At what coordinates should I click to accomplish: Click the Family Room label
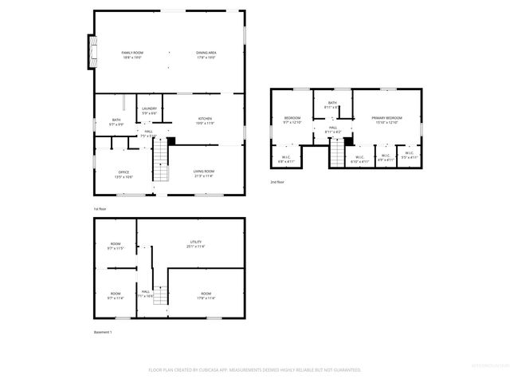coord(132,54)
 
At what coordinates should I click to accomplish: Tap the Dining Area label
coord(206,54)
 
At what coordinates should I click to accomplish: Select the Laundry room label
coord(149,112)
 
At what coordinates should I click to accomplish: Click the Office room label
coord(124,173)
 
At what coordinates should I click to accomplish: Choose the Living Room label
coord(204,173)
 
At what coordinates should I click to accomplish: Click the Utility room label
coord(195,244)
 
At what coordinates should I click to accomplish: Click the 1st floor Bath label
coord(116,121)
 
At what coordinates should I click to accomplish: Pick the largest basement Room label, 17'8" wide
coord(206,296)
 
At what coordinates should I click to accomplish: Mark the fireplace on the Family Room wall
coord(92,51)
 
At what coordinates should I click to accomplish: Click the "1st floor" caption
coord(100,209)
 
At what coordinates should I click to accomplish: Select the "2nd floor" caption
coord(277,182)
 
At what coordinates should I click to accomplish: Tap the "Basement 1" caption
coord(103,332)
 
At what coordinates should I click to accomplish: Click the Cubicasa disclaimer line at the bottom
coord(255,370)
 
